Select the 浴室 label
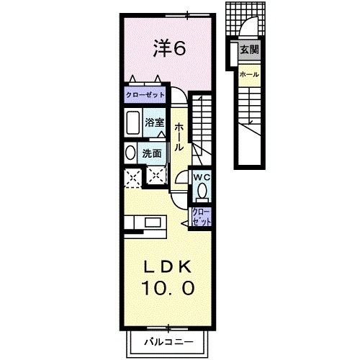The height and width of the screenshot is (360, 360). click(154, 123)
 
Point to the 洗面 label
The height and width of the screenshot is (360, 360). click(152, 153)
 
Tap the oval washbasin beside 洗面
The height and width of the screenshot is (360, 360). click(130, 153)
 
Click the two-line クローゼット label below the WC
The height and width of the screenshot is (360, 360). click(201, 217)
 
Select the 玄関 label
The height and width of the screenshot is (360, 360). click(249, 50)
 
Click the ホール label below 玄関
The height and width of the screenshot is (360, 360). click(248, 74)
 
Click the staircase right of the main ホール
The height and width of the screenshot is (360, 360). click(202, 126)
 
